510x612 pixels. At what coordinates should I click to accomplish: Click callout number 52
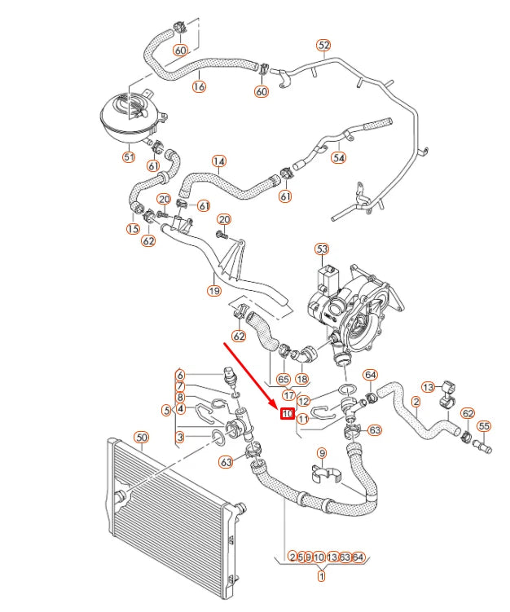[x=323, y=46]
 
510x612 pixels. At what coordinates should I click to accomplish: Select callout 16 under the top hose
[x=199, y=86]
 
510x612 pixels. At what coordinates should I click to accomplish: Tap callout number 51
[x=129, y=157]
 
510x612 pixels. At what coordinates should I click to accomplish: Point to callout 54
[x=339, y=158]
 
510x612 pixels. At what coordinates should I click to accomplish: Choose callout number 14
[x=218, y=161]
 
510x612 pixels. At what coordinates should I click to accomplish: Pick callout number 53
[x=322, y=249]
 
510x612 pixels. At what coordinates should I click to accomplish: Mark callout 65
[x=283, y=379]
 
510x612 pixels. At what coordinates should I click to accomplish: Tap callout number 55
[x=484, y=426]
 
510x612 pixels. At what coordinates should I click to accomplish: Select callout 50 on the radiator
[x=142, y=438]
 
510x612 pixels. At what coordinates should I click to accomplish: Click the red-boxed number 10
[x=287, y=414]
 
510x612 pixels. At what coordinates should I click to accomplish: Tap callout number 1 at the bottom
[x=321, y=577]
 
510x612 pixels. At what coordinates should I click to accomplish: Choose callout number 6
[x=181, y=375]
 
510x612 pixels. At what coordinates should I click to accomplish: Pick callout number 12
[x=303, y=401]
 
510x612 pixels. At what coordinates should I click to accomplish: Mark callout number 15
[x=133, y=230]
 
